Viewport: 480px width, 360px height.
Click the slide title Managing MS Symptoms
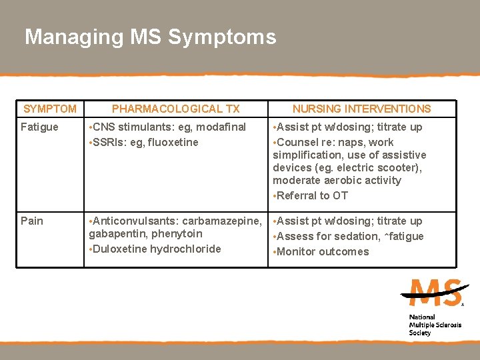point(150,37)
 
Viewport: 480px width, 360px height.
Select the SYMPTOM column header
point(50,109)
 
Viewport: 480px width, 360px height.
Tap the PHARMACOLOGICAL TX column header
point(175,109)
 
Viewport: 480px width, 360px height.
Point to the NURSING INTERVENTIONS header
point(362,109)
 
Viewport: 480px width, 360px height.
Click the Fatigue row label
point(39,127)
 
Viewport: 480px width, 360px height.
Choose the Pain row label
point(31,221)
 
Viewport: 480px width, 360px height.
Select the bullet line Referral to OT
point(311,195)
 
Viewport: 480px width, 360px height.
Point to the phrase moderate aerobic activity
point(337,180)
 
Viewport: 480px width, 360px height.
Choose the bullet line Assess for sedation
point(348,236)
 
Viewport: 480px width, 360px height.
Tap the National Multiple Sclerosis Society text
point(429,325)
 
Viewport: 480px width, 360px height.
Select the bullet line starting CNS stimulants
point(167,127)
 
